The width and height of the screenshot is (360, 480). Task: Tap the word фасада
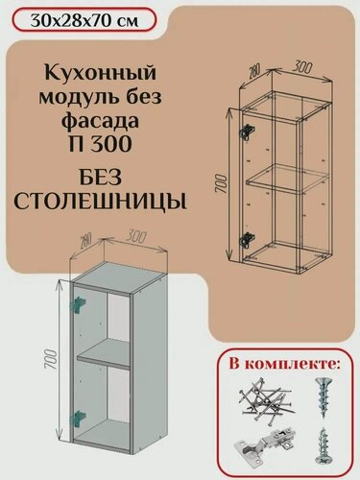pos(89,122)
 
